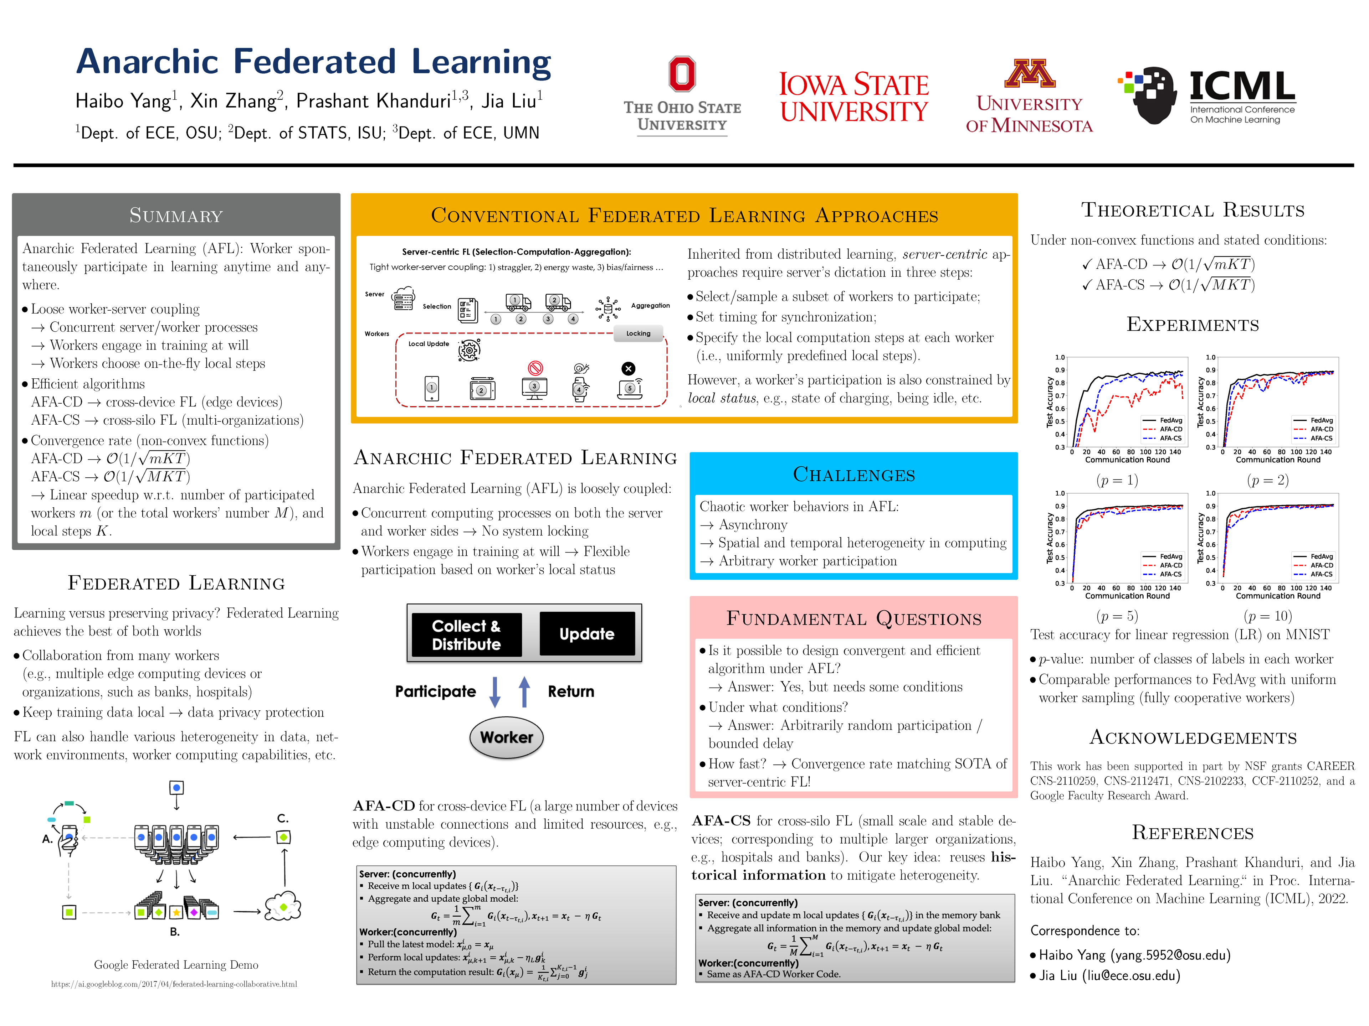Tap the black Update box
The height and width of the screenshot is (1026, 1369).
click(x=587, y=634)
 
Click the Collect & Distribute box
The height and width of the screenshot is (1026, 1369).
click(x=466, y=634)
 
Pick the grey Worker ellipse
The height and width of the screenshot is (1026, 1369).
click(x=506, y=737)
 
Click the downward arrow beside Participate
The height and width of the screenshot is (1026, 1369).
click(x=494, y=691)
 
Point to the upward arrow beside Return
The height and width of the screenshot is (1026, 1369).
click(x=524, y=691)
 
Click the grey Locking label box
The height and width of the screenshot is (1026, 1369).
click(x=638, y=333)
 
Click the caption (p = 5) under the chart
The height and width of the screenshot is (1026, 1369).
click(x=1117, y=616)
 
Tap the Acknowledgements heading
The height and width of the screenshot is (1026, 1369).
click(x=1193, y=738)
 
